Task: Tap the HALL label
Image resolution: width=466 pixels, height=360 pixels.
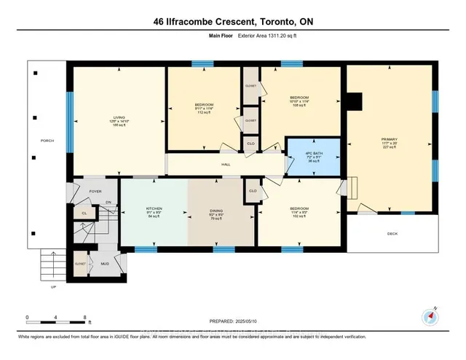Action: [x=226, y=165]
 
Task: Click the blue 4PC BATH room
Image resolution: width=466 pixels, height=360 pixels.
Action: [x=314, y=157]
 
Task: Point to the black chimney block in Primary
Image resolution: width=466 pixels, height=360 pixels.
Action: [x=354, y=101]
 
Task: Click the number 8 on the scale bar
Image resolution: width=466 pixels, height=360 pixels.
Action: [x=85, y=318]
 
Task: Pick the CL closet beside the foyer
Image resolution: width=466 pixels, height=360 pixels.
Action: [x=84, y=214]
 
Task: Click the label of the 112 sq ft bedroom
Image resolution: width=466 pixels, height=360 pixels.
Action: [x=203, y=109]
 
